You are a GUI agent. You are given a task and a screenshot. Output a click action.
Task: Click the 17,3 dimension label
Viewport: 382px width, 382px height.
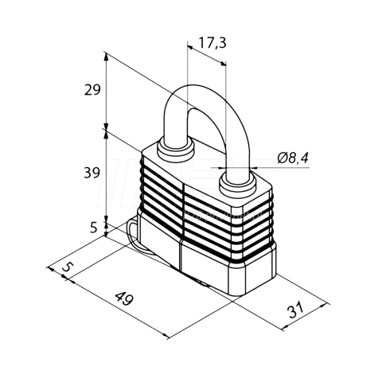click(x=212, y=43)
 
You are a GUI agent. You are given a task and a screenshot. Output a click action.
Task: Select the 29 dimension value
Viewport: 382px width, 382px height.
click(x=92, y=90)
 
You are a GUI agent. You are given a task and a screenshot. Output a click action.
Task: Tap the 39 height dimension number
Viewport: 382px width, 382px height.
click(x=92, y=173)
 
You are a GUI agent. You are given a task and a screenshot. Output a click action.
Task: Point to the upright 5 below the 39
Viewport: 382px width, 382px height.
click(x=94, y=227)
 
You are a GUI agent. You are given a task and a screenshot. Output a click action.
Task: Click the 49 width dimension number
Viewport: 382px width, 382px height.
click(x=124, y=298)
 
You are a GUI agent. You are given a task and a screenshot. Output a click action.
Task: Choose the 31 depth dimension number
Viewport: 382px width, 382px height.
click(x=295, y=310)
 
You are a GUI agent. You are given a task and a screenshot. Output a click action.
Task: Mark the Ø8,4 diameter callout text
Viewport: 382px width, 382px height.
click(x=293, y=158)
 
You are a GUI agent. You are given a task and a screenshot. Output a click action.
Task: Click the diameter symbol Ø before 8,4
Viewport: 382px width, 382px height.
click(x=283, y=158)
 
